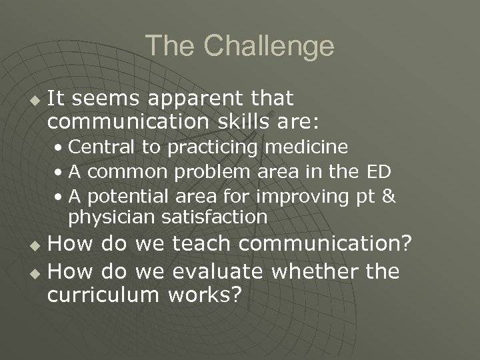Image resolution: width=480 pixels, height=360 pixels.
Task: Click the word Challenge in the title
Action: click(x=269, y=46)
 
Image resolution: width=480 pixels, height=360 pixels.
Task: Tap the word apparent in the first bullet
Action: click(x=195, y=99)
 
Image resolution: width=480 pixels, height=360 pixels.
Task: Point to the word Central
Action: click(x=96, y=146)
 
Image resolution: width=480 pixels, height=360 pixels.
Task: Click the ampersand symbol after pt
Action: click(x=389, y=197)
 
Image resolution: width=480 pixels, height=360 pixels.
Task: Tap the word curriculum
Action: click(x=103, y=295)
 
